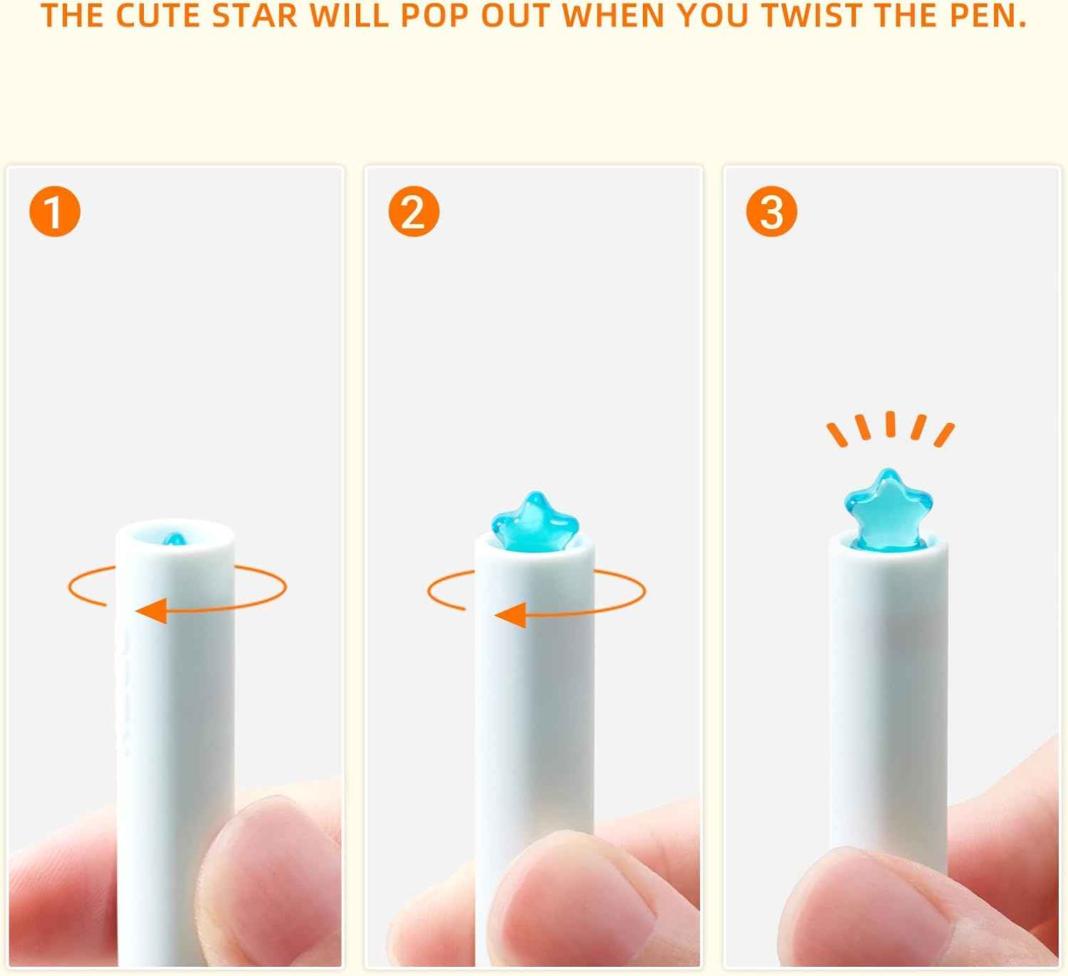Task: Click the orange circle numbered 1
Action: (x=55, y=211)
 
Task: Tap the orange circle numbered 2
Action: (x=414, y=211)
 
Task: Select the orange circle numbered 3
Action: (x=772, y=211)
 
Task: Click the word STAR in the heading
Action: (x=254, y=16)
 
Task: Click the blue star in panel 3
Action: (x=889, y=510)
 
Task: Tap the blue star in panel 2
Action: (x=534, y=522)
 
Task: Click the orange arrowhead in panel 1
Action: (x=152, y=611)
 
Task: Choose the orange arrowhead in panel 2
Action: (x=511, y=616)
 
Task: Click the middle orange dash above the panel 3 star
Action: (x=890, y=424)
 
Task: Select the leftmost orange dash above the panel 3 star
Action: (x=837, y=434)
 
